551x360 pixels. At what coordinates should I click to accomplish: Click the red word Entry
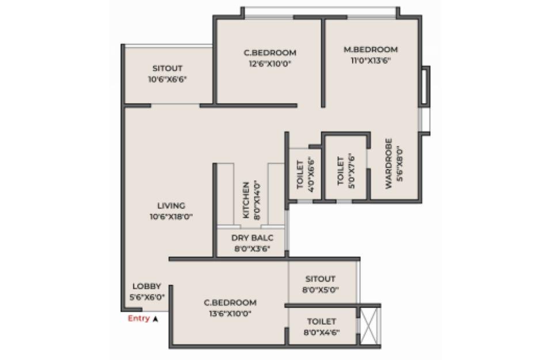(x=139, y=319)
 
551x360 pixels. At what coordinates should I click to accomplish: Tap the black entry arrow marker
(x=155, y=319)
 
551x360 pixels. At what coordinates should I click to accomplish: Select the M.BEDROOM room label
(x=370, y=50)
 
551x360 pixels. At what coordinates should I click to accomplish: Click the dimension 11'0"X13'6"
(x=370, y=60)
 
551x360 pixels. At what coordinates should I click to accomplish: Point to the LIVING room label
(x=171, y=206)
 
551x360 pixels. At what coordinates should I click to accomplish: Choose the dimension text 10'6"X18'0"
(x=171, y=217)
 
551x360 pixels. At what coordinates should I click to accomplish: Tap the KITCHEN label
(x=246, y=200)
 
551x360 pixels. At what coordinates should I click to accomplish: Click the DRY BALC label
(x=252, y=238)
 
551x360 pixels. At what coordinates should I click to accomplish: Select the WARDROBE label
(x=388, y=164)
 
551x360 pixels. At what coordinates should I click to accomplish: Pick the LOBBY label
(x=147, y=286)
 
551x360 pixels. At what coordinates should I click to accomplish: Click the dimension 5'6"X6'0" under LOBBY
(x=147, y=297)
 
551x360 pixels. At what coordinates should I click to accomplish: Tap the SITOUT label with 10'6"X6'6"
(x=168, y=68)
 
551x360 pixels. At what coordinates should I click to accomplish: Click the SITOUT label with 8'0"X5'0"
(x=320, y=279)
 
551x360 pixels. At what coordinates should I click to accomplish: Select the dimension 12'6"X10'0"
(x=270, y=64)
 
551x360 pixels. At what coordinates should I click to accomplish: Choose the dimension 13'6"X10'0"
(x=230, y=313)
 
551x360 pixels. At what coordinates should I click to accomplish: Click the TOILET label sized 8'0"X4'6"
(x=321, y=321)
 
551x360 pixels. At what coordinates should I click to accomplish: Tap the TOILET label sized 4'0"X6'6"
(x=300, y=175)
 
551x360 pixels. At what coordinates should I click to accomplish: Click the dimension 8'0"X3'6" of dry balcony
(x=252, y=249)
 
